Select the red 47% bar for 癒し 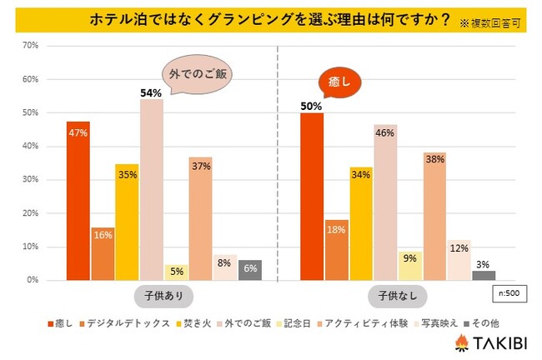coord(78,201)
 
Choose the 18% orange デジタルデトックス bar coord(337,250)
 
